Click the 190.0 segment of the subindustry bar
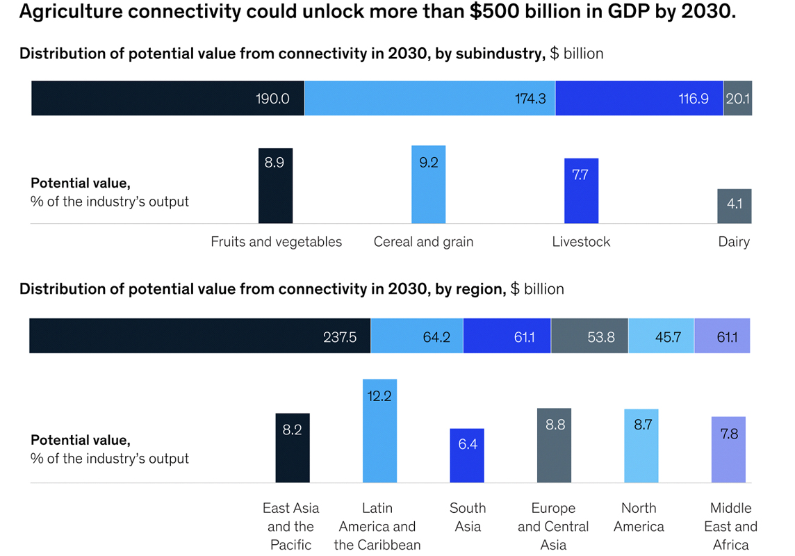[x=167, y=98]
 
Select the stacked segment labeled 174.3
[x=429, y=98]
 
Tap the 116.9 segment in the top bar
[x=639, y=98]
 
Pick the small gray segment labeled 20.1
[x=737, y=98]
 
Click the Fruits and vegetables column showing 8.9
[x=275, y=186]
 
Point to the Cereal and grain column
[x=428, y=184]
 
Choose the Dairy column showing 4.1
[x=734, y=206]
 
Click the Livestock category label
[x=581, y=242]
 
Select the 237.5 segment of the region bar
[x=199, y=336]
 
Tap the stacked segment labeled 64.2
[x=416, y=336]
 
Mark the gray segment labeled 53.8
[x=589, y=336]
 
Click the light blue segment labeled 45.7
[x=661, y=336]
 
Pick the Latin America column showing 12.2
[x=379, y=431]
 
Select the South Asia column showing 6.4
[x=467, y=455]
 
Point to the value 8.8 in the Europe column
[x=555, y=425]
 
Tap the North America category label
[x=639, y=517]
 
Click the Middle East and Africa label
[x=730, y=526]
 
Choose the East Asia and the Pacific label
[x=290, y=526]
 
